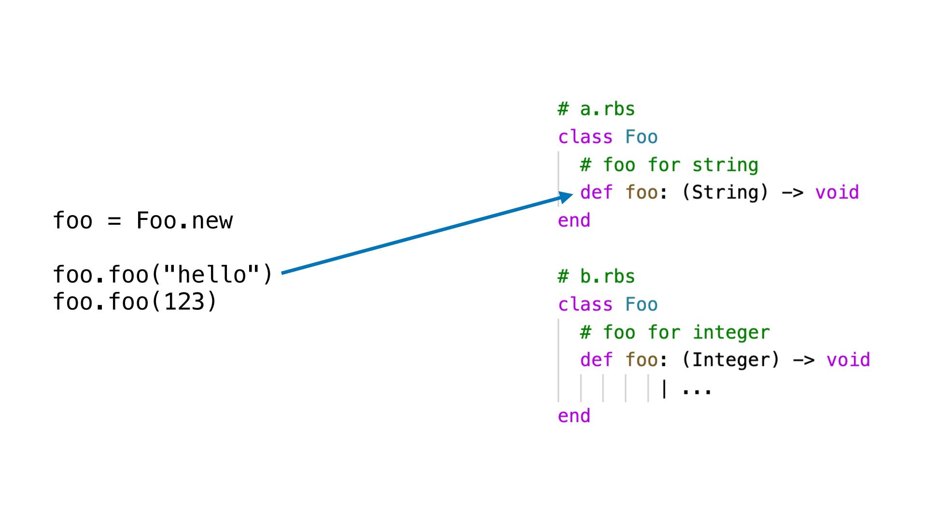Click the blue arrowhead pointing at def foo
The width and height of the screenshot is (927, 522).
tap(566, 197)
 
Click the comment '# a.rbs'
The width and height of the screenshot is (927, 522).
tap(596, 109)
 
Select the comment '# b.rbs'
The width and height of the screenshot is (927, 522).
tap(596, 276)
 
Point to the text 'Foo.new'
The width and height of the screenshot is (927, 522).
tap(184, 221)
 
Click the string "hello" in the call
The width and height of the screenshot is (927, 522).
tap(212, 275)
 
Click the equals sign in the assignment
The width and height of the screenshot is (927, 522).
tap(114, 221)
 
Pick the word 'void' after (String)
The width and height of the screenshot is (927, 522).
tap(837, 192)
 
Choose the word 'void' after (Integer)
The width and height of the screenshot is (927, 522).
tap(848, 360)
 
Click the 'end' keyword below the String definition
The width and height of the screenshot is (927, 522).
tap(574, 220)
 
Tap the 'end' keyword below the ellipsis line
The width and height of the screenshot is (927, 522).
tap(574, 416)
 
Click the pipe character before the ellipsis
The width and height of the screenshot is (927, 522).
tap(664, 389)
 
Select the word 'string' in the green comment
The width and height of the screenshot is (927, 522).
tap(725, 165)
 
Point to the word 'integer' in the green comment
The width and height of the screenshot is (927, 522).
tap(731, 333)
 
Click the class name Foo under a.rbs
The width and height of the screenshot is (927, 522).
tap(641, 137)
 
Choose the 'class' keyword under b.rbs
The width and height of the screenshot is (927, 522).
tap(585, 304)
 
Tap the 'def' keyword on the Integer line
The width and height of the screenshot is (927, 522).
tap(596, 360)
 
